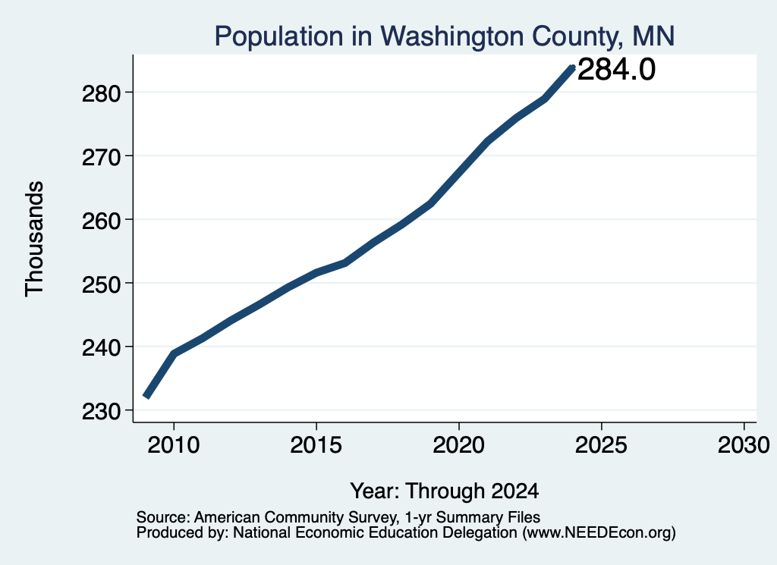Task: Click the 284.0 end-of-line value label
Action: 616,69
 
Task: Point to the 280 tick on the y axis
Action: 101,93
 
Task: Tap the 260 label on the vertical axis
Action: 101,220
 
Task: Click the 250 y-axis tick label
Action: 101,284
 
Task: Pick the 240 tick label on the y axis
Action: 101,347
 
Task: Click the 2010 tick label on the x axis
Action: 174,445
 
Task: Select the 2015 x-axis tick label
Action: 316,445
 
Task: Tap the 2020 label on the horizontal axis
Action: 459,445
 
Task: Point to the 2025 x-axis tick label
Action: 601,445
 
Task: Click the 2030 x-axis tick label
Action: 744,445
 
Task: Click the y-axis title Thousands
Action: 34,239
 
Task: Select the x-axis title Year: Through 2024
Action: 445,491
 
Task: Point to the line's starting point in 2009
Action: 146,396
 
